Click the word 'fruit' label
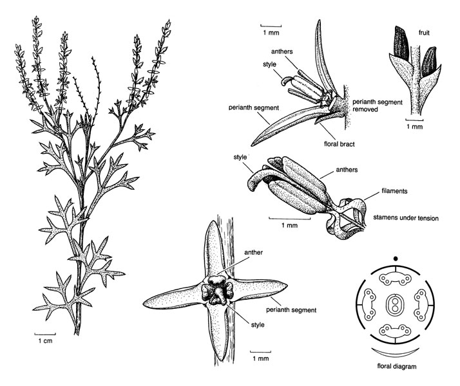[424, 33]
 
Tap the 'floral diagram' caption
[397, 366]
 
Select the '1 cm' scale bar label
[45, 340]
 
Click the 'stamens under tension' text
[406, 218]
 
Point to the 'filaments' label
[394, 191]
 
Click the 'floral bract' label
[339, 144]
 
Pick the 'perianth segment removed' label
[378, 106]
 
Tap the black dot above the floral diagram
[396, 259]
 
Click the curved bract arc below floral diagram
[395, 353]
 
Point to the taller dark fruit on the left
[401, 43]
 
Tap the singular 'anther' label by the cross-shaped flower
[253, 252]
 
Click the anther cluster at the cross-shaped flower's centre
[217, 290]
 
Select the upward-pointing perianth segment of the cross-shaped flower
[215, 248]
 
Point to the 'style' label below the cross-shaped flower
[258, 325]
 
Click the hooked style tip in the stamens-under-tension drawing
[254, 181]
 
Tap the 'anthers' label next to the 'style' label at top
[282, 51]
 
